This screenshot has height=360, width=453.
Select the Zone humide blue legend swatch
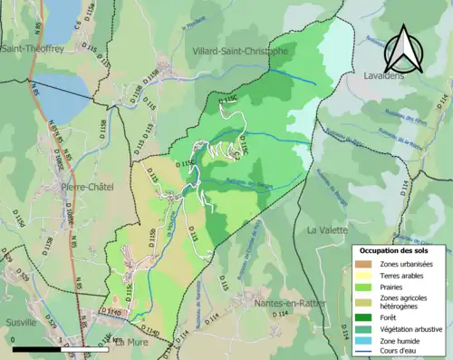[365, 338]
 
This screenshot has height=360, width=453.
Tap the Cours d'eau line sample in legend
[365, 350]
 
